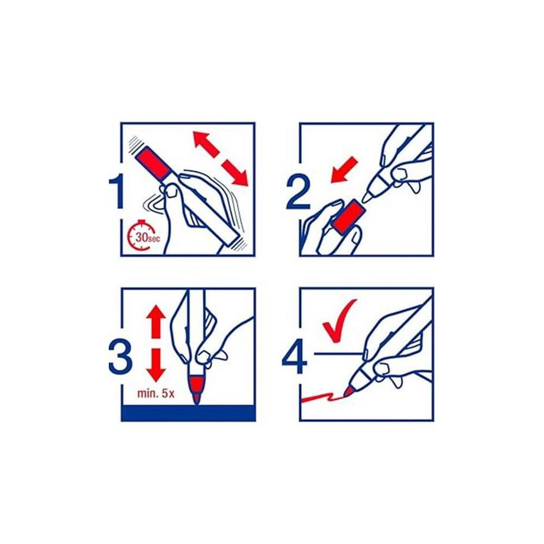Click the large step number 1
point(118,192)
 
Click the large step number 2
point(299,192)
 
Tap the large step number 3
point(121,357)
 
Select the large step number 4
point(295,357)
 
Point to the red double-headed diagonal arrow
point(221,158)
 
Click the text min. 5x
point(156,393)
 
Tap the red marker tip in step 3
point(197,390)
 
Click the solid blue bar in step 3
point(188,413)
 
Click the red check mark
point(339,321)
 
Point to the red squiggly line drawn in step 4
point(323,397)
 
